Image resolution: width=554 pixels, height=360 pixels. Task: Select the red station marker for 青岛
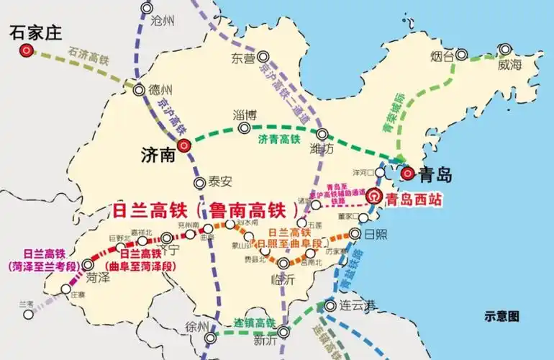pos(407,173)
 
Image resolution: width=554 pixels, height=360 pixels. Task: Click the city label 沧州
pos(163,21)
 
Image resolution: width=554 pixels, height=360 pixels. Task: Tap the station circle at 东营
pos(263,55)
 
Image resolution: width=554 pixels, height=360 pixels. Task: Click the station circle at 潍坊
pos(322,134)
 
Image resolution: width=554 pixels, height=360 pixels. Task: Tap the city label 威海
pos(509,65)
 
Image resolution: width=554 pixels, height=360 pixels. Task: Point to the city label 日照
pos(378,235)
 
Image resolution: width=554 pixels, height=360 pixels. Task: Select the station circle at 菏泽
pos(88,264)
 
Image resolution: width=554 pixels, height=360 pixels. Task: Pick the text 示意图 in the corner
pos(501,315)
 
